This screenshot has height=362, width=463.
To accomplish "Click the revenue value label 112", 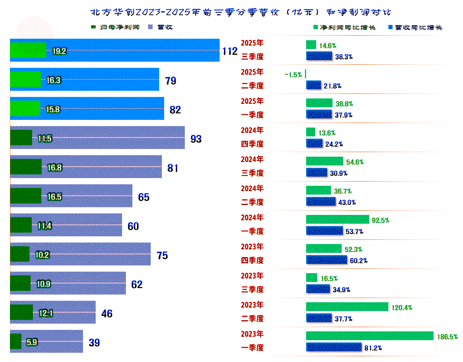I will [230, 51].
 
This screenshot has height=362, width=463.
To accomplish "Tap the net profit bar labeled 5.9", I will [15, 341].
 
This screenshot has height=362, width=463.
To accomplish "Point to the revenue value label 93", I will [196, 139].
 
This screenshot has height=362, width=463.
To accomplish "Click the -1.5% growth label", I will [293, 75].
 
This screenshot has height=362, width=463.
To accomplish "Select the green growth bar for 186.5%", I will [369, 336].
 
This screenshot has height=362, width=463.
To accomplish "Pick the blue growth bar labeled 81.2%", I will [334, 347].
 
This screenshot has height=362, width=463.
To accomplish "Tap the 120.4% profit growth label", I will [402, 307].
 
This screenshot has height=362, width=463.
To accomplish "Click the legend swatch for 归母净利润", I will [93, 27].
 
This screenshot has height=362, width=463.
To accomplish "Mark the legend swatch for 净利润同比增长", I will [315, 28].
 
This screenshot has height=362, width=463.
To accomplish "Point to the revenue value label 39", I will [94, 342].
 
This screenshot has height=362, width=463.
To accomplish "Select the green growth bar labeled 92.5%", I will [337, 219].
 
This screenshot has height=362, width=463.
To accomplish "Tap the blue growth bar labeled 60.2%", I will [326, 260].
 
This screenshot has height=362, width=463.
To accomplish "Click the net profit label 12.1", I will [46, 313].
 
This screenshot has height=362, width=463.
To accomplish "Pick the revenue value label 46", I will [107, 313].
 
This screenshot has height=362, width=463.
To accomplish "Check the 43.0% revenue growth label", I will [347, 202].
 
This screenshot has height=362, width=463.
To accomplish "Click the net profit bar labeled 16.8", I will [26, 167].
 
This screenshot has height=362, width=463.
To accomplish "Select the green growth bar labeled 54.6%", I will [324, 161].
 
